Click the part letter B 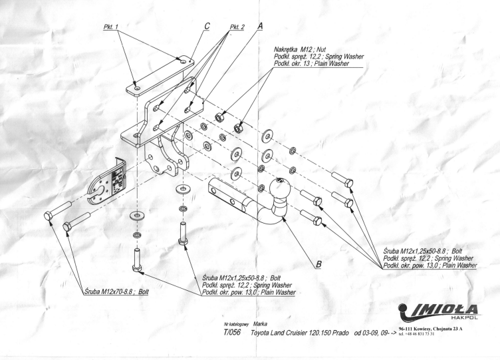pos(318,264)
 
